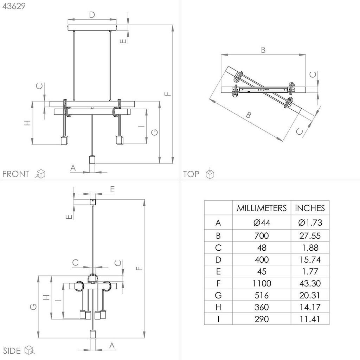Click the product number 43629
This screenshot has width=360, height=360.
pyautogui.click(x=14, y=6)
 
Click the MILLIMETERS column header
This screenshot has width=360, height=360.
pyautogui.click(x=262, y=208)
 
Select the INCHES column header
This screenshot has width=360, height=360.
pyautogui.click(x=310, y=208)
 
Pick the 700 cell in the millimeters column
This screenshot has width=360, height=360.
pyautogui.click(x=262, y=236)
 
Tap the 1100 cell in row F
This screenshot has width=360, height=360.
pyautogui.click(x=262, y=283)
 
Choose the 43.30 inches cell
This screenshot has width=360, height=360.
pyautogui.click(x=310, y=283)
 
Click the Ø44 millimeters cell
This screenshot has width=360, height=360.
pyautogui.click(x=262, y=223)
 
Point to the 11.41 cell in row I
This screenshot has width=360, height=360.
pyautogui.click(x=310, y=319)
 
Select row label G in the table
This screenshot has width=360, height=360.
pyautogui.click(x=218, y=295)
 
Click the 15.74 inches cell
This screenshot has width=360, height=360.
pyautogui.click(x=310, y=260)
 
